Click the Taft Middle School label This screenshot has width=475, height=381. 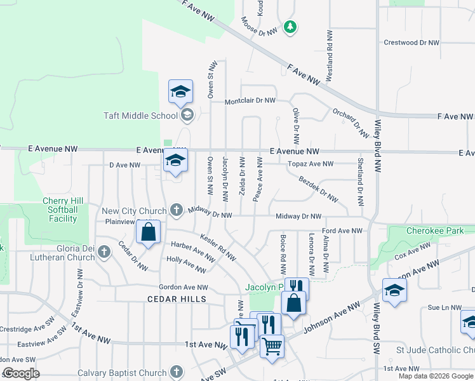click(x=141, y=116)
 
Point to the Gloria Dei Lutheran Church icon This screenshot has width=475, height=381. click(x=105, y=253)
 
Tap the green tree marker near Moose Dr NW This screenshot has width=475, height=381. click(x=290, y=27)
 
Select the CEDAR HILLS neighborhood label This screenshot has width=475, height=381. click(x=177, y=298)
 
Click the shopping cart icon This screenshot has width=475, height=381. click(x=272, y=346)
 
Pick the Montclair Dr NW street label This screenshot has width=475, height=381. click(x=251, y=101)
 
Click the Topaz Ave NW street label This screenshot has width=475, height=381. click(x=311, y=164)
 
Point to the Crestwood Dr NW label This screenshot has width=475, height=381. click(x=411, y=43)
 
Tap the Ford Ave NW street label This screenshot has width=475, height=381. click(x=342, y=231)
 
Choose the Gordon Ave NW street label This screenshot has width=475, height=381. click(x=184, y=286)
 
